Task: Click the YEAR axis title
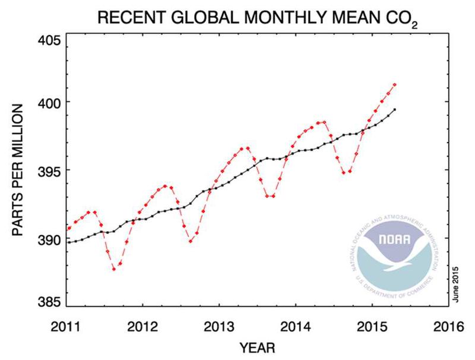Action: pyautogui.click(x=257, y=346)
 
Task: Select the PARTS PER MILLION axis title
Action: pyautogui.click(x=18, y=172)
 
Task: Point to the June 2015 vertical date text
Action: pyautogui.click(x=455, y=285)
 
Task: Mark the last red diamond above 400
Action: pyautogui.click(x=395, y=85)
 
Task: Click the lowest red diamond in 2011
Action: pyautogui.click(x=113, y=270)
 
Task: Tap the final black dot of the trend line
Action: pyautogui.click(x=395, y=109)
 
